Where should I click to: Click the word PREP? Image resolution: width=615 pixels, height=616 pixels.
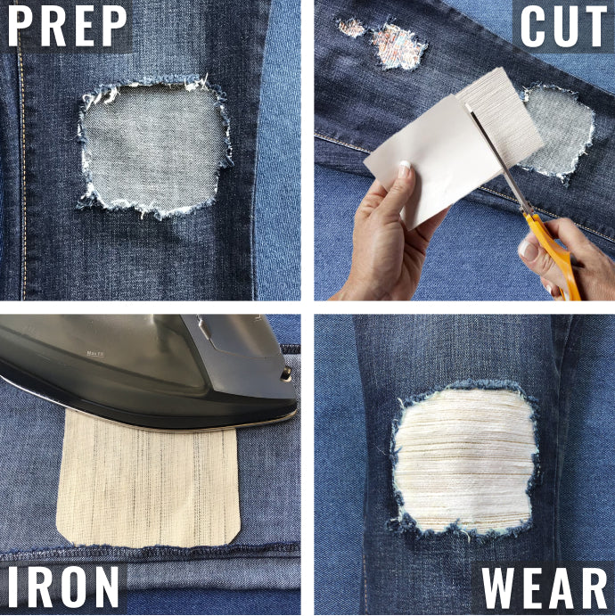[68, 28]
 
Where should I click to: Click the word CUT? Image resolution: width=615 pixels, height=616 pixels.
[563, 28]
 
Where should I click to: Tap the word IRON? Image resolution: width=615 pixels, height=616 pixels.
[63, 587]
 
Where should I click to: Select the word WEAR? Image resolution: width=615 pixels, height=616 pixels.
[545, 587]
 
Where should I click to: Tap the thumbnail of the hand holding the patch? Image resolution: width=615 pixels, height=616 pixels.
[403, 167]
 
